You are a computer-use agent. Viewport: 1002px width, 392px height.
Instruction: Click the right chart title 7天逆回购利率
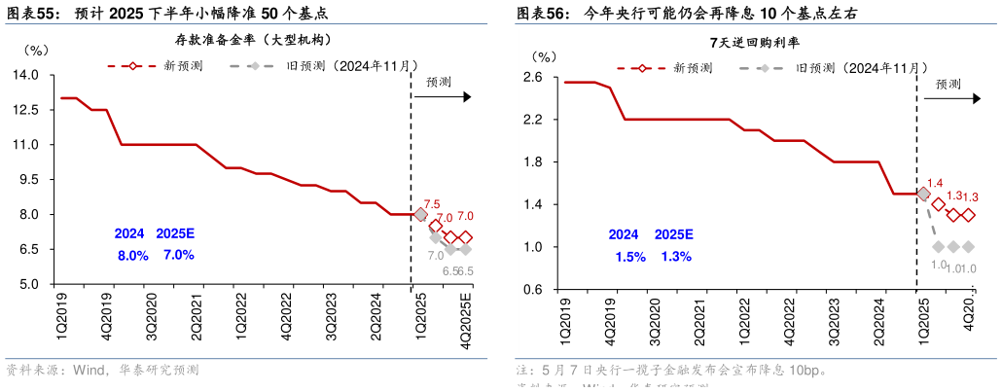coord(755,43)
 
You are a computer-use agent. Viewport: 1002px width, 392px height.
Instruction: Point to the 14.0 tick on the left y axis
coord(25,75)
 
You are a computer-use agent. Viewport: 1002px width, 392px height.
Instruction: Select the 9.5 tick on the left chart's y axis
coord(28,180)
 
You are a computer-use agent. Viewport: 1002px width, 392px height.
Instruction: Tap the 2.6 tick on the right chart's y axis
coord(532,77)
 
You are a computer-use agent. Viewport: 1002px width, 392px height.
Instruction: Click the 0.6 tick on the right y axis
coord(532,290)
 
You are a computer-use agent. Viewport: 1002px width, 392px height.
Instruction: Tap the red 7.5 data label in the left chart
coord(432,204)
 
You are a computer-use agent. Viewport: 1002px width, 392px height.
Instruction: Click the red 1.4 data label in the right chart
coord(935,183)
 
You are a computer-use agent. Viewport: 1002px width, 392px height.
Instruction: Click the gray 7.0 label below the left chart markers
coord(435,256)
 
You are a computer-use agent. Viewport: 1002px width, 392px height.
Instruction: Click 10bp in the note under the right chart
coord(803,371)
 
